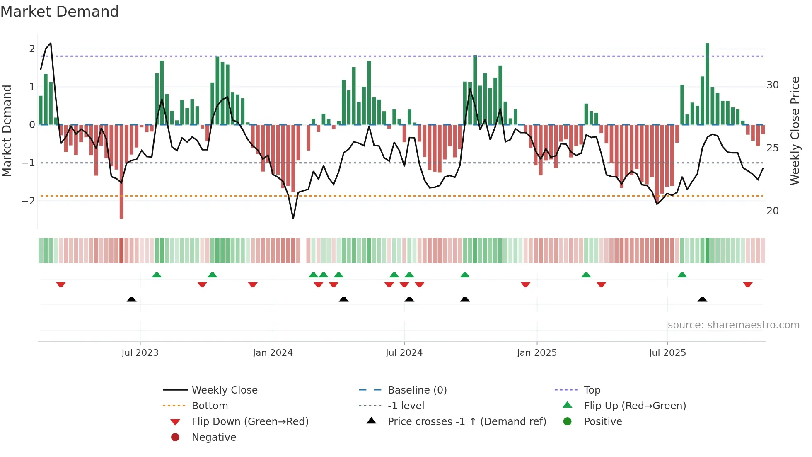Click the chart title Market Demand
(x=60, y=12)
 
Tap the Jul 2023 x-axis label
(x=140, y=353)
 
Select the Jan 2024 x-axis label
(x=273, y=353)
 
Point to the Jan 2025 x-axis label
(x=537, y=353)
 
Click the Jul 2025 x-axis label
(x=667, y=353)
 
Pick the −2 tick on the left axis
(x=29, y=201)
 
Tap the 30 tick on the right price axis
(x=773, y=85)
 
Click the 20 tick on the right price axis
(x=773, y=211)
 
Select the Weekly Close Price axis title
(x=795, y=131)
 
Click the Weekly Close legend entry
(x=225, y=390)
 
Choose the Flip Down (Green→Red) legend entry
(x=250, y=422)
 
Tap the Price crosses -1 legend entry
(x=467, y=422)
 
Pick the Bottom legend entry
(x=210, y=406)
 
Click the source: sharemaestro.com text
(x=733, y=325)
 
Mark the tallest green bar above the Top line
(x=707, y=83)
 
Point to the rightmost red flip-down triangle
(x=748, y=285)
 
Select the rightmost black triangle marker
(x=702, y=299)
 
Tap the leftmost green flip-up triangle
(x=157, y=275)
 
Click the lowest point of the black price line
(x=293, y=218)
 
